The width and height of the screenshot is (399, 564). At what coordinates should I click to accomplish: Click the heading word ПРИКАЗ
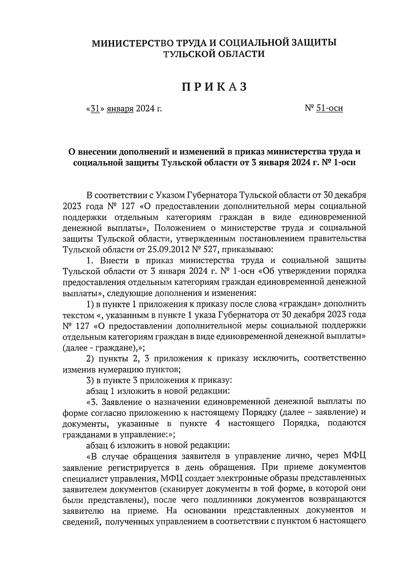click(214, 87)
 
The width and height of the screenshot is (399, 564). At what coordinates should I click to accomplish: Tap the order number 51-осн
click(330, 108)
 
